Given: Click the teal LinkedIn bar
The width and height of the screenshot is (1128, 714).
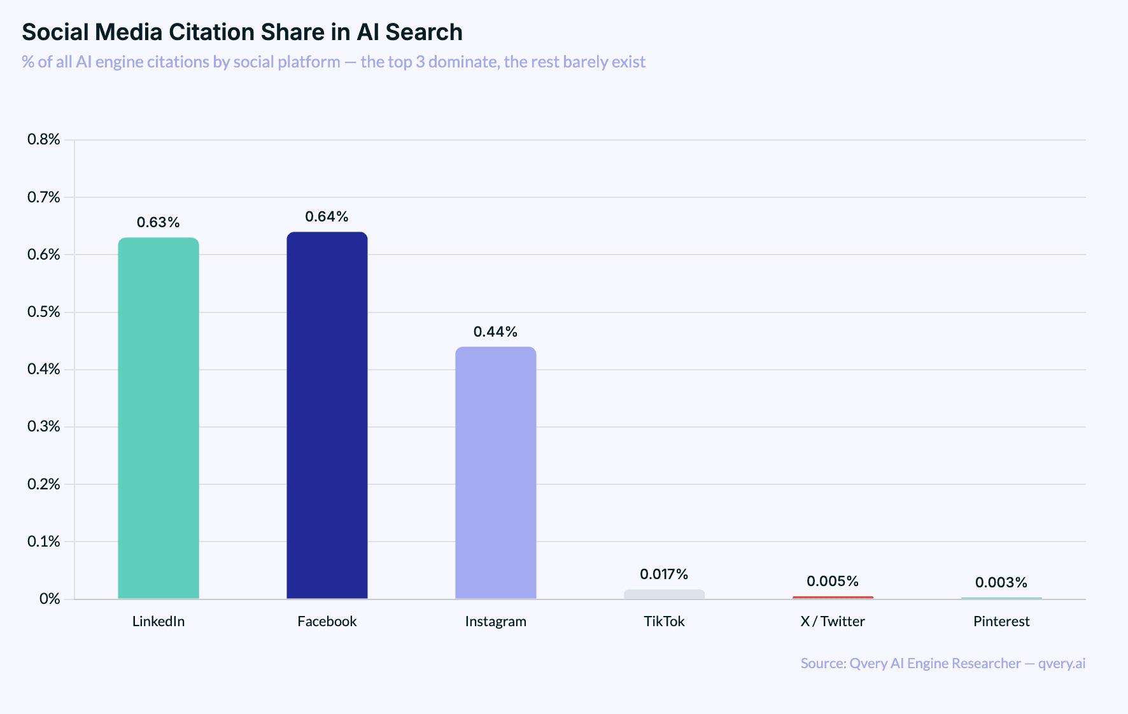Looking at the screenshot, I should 159,418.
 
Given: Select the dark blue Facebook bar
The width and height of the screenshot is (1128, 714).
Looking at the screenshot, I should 327,415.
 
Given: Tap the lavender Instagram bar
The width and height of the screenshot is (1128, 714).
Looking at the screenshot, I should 496,472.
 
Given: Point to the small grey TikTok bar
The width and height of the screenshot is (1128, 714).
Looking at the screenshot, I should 664,594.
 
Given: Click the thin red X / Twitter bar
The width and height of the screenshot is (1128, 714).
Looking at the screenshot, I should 833,598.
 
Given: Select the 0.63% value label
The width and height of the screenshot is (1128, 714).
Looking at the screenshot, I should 159,223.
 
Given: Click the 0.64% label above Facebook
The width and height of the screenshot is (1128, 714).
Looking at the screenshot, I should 327,217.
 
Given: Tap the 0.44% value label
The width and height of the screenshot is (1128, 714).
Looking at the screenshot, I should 496,332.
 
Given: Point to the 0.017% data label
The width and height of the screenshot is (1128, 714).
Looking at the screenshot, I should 664,575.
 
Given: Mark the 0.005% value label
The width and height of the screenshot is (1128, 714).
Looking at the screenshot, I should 833,582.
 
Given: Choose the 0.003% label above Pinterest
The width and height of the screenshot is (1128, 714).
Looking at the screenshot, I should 1001,583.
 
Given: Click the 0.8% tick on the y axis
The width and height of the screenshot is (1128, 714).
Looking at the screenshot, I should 43,139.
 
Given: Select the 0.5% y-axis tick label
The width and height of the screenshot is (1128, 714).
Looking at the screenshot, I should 43,312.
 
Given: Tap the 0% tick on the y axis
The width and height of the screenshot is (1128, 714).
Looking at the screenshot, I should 50,599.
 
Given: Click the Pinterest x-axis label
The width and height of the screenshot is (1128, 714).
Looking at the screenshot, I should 1001,622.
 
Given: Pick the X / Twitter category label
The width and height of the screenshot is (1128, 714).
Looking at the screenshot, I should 833,622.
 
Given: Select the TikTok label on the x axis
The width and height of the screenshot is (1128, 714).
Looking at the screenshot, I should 664,622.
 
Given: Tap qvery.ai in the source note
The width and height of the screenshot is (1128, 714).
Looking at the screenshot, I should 1061,664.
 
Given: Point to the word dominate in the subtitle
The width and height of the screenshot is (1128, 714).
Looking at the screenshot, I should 464,62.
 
